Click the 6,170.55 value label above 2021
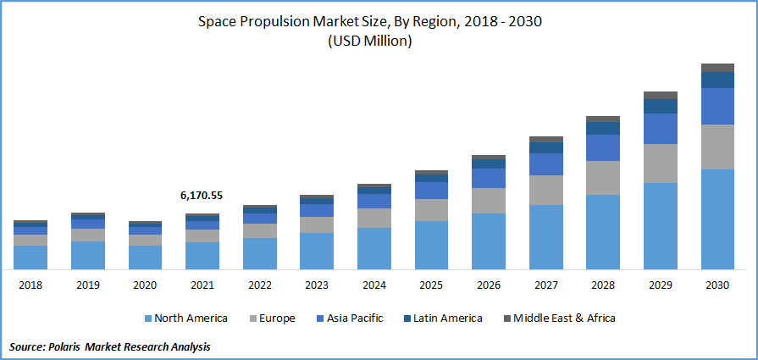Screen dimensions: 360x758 pyautogui.click(x=202, y=196)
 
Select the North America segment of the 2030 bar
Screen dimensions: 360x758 pyautogui.click(x=718, y=219)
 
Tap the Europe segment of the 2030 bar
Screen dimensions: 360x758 pyautogui.click(x=718, y=147)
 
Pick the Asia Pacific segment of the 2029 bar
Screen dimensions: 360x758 pyautogui.click(x=661, y=129)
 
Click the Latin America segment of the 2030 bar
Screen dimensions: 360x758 pyautogui.click(x=718, y=80)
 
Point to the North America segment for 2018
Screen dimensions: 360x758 pyautogui.click(x=30, y=258)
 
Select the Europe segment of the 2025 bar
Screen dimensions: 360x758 pyautogui.click(x=431, y=210)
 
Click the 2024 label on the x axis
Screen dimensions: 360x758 pyautogui.click(x=373, y=285)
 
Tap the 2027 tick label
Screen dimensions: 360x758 pyautogui.click(x=545, y=285)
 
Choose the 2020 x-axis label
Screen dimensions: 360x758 pyautogui.click(x=145, y=285)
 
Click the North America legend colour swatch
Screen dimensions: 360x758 pyautogui.click(x=147, y=318)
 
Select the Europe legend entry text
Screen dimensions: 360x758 pyautogui.click(x=278, y=318)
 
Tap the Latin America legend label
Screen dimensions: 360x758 pyautogui.click(x=448, y=318)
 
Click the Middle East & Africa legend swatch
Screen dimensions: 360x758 pyautogui.click(x=506, y=318)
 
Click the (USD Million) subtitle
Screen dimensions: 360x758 pyautogui.click(x=369, y=42)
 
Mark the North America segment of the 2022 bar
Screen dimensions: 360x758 pyautogui.click(x=259, y=253)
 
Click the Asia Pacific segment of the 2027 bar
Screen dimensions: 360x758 pyautogui.click(x=545, y=164)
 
